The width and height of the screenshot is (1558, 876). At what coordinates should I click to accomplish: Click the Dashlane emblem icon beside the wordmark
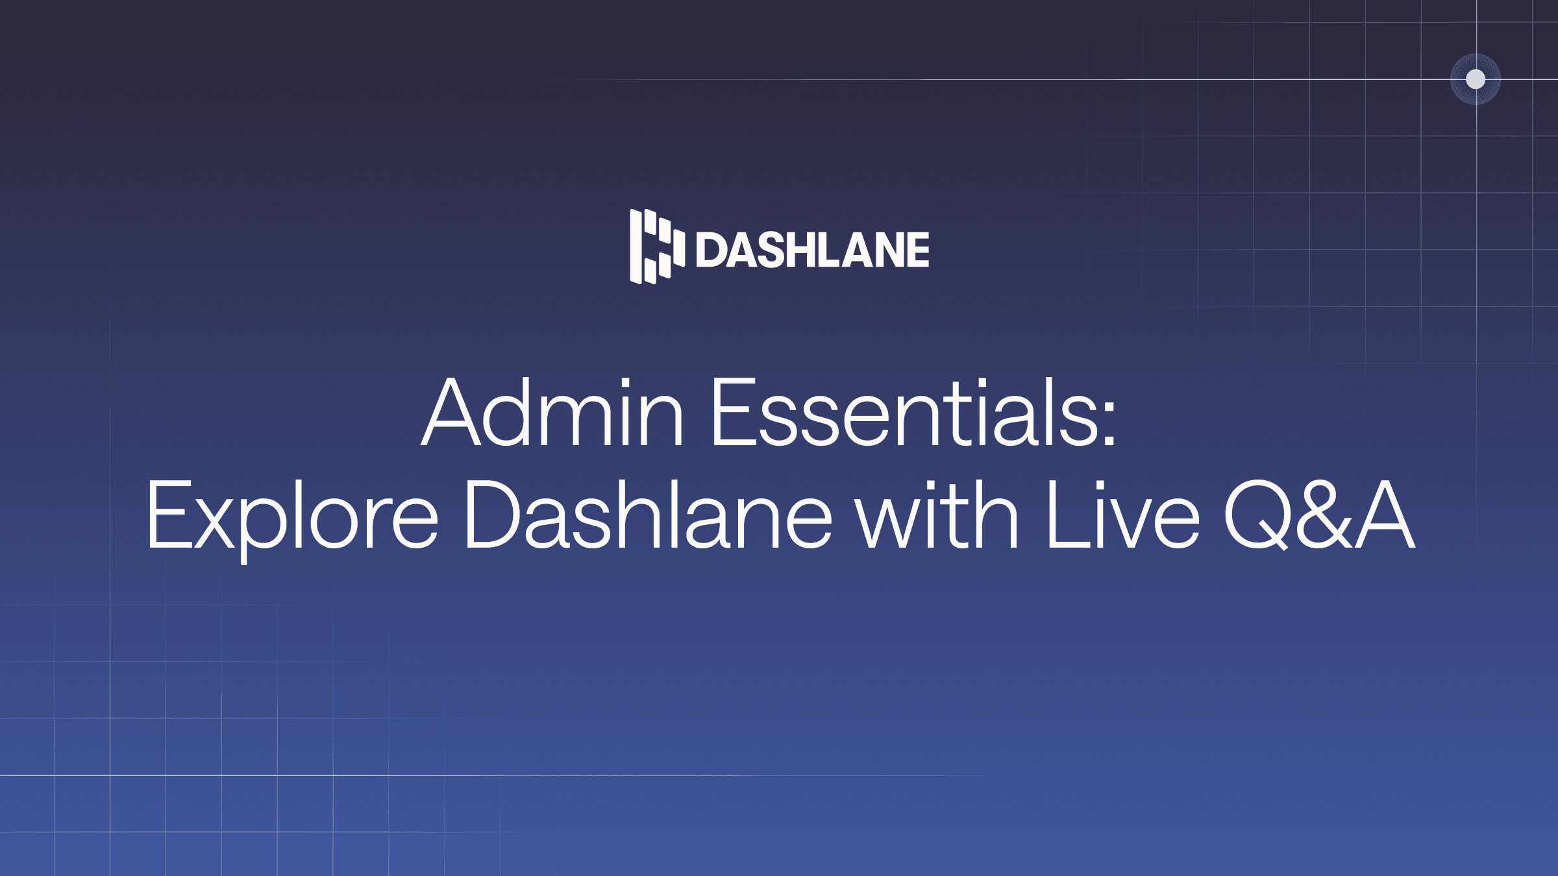click(656, 247)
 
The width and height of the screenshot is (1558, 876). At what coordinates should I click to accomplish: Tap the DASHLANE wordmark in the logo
click(812, 250)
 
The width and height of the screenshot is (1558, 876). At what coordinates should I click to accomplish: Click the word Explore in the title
click(292, 516)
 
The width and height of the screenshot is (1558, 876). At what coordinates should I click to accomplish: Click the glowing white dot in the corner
click(1476, 79)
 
